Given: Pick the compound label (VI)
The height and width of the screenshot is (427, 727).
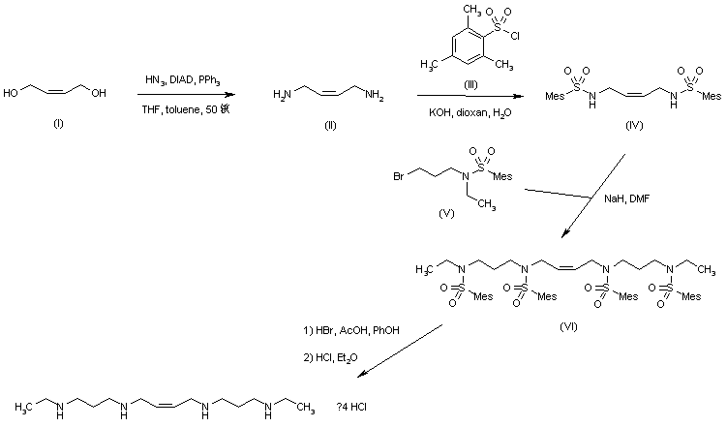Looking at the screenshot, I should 569,325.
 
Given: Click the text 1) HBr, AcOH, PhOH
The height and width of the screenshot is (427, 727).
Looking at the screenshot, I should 351,332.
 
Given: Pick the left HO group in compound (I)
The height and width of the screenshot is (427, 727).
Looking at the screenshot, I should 13,94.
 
